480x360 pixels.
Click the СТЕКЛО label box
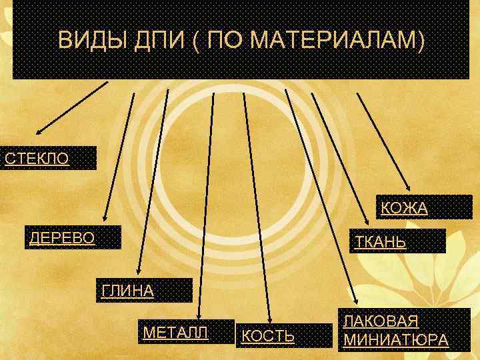tap(49, 159)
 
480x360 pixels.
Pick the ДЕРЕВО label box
tap(73, 238)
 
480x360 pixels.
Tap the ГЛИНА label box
tap(143, 291)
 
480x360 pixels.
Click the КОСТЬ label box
tap(284, 336)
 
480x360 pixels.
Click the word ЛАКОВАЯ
tap(381, 321)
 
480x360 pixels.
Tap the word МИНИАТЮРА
tap(395, 340)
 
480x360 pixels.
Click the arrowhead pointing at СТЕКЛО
tap(39, 131)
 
